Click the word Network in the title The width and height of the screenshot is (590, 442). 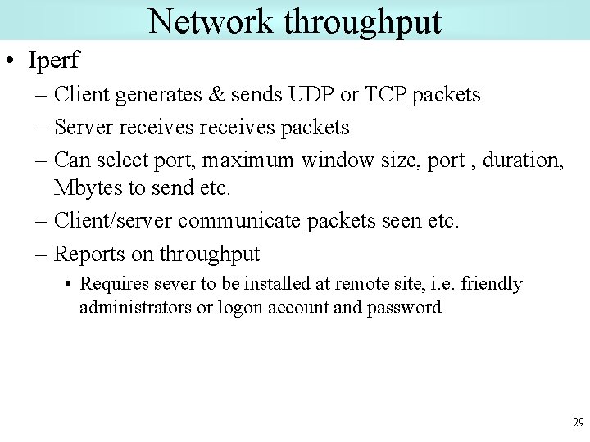pyautogui.click(x=211, y=21)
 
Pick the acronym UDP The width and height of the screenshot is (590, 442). pyautogui.click(x=309, y=95)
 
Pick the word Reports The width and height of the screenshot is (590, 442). pyautogui.click(x=89, y=255)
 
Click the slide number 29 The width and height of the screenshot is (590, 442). pyautogui.click(x=577, y=423)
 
